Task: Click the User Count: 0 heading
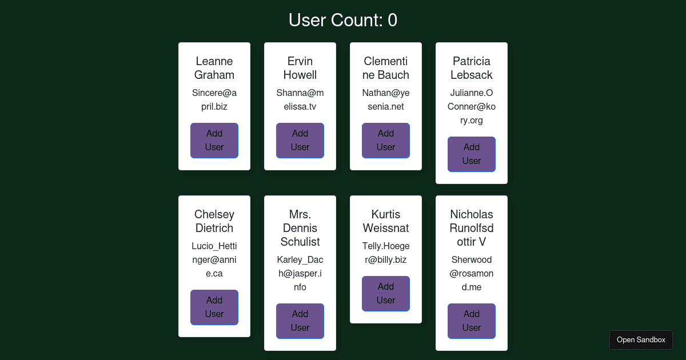tap(343, 21)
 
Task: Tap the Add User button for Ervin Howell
tap(300, 140)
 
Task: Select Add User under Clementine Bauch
tap(386, 140)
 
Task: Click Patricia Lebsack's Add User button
tap(472, 154)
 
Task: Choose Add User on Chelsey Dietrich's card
tap(214, 307)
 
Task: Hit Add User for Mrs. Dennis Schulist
tap(300, 321)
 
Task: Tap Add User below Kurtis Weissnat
tap(386, 293)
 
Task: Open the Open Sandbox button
tap(641, 339)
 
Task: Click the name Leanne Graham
tap(214, 68)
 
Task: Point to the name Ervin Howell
tap(300, 68)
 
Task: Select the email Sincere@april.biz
tap(214, 99)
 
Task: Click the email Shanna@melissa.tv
tap(300, 99)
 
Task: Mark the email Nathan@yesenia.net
tap(386, 99)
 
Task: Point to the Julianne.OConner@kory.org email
tap(472, 106)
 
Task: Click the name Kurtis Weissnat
tap(386, 221)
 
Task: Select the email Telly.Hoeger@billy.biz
tap(386, 253)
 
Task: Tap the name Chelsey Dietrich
tap(214, 221)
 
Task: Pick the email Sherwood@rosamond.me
tap(472, 273)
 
